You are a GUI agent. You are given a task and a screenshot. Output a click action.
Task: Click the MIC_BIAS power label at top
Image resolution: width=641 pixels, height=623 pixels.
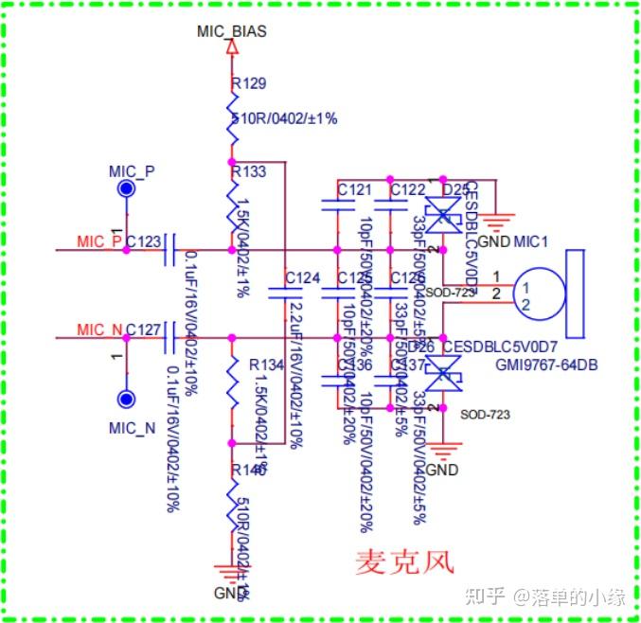tap(231, 31)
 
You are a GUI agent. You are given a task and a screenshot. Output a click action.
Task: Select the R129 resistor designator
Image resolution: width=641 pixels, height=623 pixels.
tap(249, 84)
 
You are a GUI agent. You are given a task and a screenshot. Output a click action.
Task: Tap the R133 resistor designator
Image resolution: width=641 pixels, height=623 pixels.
tap(249, 171)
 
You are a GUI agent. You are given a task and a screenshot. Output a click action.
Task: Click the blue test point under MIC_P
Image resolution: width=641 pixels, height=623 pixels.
tap(124, 189)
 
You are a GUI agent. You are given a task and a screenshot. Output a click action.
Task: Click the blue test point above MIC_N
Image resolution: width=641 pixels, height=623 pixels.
tap(124, 399)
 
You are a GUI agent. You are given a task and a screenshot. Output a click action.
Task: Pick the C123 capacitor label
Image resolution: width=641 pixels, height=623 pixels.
tap(143, 241)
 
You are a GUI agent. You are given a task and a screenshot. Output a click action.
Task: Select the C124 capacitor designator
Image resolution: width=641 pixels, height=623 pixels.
tap(302, 277)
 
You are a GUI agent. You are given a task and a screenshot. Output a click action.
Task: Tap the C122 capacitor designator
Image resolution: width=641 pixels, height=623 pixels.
tap(407, 189)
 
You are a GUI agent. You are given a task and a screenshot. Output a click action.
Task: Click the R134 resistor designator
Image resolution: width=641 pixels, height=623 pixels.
tap(266, 365)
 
